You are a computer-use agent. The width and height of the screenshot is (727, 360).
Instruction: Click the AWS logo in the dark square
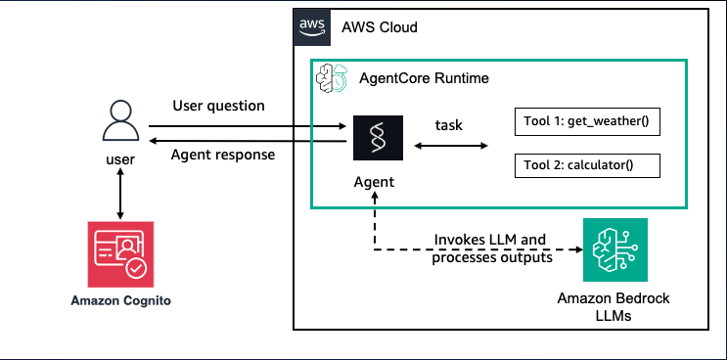click(312, 27)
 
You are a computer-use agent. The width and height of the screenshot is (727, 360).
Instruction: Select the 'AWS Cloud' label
click(380, 27)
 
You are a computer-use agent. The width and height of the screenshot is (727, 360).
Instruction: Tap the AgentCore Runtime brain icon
click(332, 78)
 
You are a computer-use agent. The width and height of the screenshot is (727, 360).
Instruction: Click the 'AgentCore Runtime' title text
click(424, 78)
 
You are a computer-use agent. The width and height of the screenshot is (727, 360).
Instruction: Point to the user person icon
click(120, 121)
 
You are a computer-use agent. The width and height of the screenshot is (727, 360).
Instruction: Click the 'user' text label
click(120, 159)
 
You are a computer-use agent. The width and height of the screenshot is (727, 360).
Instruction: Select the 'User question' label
click(219, 106)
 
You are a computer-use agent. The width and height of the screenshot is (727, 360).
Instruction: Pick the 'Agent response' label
click(223, 155)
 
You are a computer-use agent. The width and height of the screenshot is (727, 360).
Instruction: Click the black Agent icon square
click(378, 138)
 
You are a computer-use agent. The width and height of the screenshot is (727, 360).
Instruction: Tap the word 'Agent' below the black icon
click(374, 182)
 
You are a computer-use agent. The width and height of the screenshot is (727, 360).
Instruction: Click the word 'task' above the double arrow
click(449, 125)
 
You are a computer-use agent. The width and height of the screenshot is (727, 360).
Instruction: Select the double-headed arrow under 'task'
click(451, 146)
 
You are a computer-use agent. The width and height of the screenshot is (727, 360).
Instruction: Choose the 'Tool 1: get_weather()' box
click(587, 122)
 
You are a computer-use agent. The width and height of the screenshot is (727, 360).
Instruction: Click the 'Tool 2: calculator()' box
click(587, 165)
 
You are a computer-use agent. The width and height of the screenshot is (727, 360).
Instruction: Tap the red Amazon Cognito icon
click(120, 254)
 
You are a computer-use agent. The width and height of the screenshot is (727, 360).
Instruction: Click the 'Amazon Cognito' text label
click(120, 301)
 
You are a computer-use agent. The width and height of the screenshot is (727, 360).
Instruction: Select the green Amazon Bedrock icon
click(615, 249)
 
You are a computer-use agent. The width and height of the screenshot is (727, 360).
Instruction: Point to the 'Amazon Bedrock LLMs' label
click(613, 307)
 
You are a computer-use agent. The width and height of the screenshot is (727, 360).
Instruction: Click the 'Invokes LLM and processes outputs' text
click(492, 248)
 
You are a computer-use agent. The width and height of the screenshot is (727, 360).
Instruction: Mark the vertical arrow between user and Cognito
click(120, 194)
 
